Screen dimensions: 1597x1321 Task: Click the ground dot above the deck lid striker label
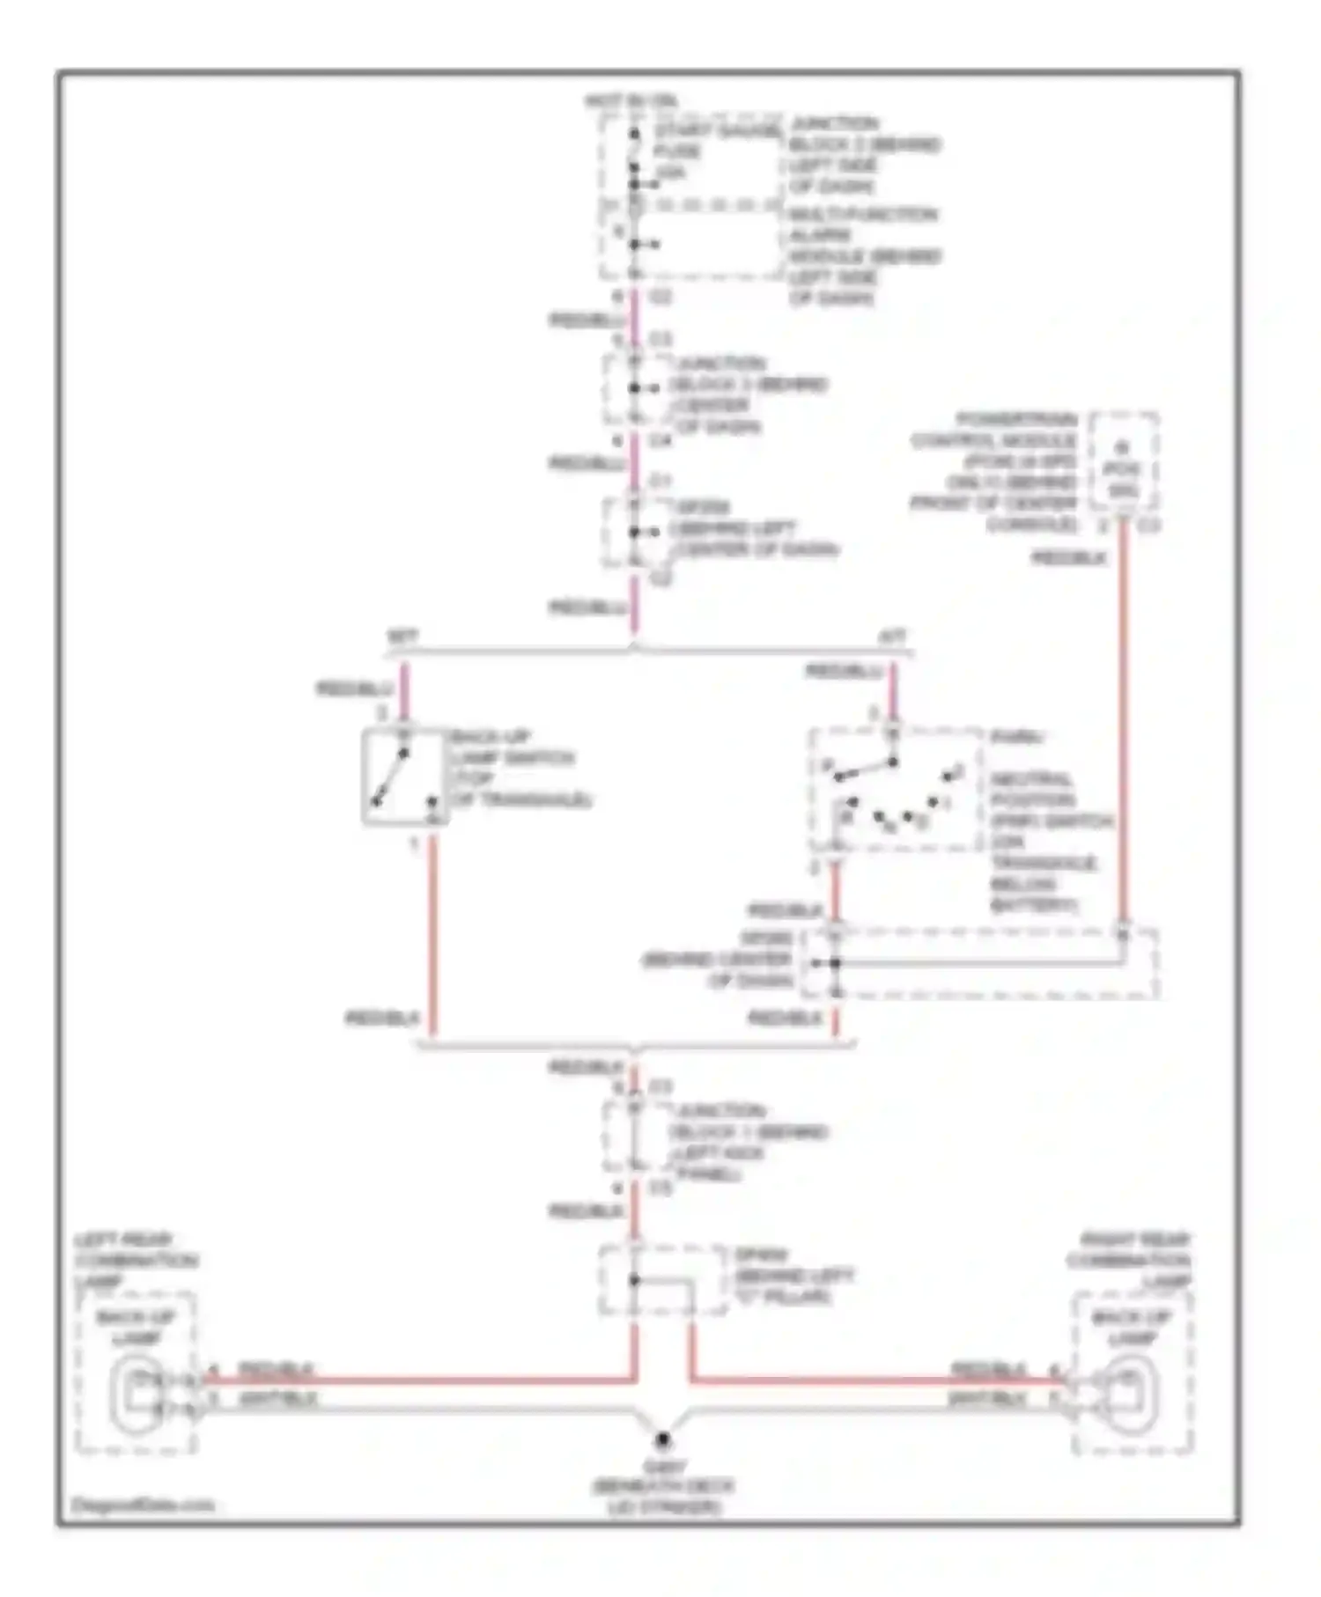(662, 1440)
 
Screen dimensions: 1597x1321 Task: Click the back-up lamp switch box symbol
(404, 776)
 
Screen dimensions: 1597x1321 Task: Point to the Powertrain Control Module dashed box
(1123, 461)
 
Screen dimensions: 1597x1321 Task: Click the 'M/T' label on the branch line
(402, 636)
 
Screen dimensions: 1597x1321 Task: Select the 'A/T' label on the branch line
(892, 636)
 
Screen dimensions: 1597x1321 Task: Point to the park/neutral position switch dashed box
(895, 789)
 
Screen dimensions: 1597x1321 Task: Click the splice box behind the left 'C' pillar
(662, 1281)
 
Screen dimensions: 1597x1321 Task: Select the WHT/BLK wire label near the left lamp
(277, 1399)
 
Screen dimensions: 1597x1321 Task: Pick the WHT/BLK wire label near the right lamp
(986, 1399)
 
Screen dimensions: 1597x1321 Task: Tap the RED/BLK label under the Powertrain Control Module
(1068, 558)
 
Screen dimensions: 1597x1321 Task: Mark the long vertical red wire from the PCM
(1123, 722)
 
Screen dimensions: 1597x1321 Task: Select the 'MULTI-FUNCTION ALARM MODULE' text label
(863, 255)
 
